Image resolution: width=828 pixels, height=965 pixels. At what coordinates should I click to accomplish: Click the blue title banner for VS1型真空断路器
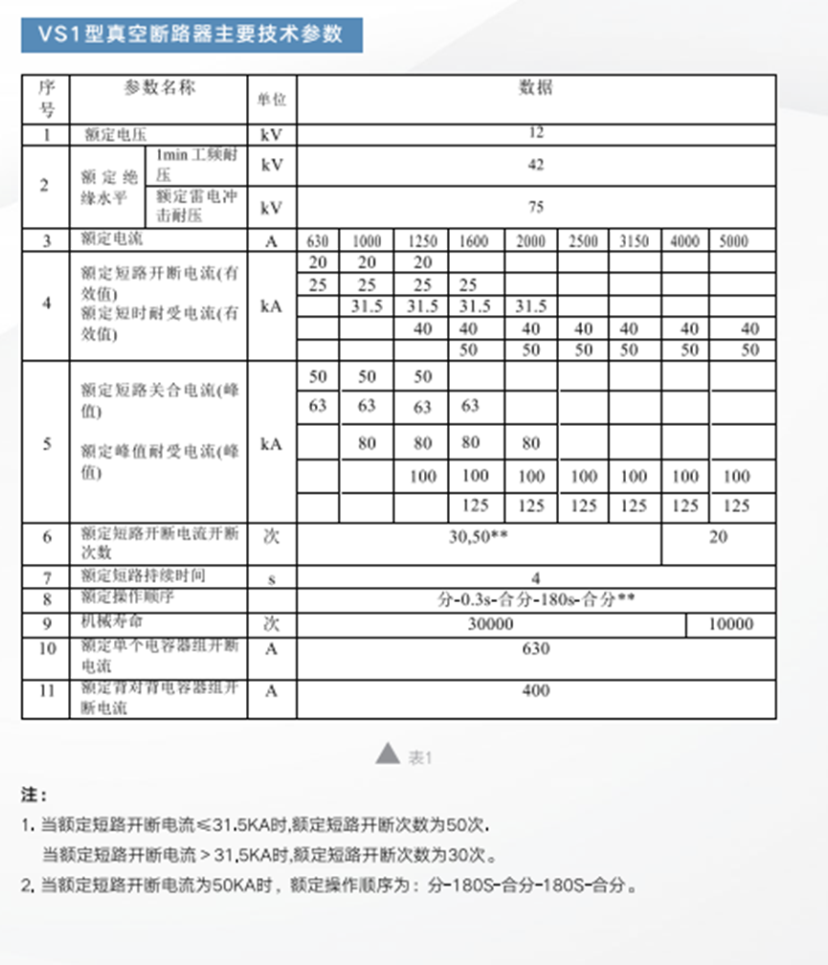190,34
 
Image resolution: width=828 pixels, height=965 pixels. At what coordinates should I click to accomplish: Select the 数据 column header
536,88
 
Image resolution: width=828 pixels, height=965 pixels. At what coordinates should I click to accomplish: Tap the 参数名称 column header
159,87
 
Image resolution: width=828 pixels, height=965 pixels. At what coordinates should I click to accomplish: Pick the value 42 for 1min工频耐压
536,165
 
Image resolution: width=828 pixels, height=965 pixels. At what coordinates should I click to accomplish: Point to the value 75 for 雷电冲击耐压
536,206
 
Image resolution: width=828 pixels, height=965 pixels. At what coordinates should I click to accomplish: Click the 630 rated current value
319,241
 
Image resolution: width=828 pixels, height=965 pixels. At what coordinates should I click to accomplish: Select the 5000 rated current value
733,241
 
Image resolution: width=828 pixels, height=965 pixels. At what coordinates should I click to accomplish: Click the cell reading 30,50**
479,537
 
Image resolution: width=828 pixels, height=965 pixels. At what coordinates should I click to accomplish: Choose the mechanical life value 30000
490,624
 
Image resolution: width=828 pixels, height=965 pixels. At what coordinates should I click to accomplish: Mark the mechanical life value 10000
729,624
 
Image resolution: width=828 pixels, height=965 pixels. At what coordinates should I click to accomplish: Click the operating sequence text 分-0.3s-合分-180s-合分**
536,600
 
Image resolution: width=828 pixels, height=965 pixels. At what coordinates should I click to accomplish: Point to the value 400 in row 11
536,690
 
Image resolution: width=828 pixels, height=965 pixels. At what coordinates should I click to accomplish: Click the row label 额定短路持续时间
144,575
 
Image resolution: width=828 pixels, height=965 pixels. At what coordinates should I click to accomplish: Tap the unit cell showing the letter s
272,577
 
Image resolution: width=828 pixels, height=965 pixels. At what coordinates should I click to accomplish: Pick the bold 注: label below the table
34,795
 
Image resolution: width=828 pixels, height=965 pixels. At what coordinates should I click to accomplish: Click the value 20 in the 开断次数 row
718,537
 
